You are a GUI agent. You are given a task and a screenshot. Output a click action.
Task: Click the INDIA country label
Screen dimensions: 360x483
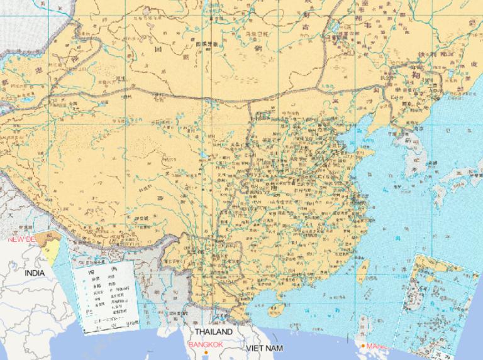point(35,274)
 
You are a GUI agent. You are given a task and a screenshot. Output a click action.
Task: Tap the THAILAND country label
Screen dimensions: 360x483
point(213,332)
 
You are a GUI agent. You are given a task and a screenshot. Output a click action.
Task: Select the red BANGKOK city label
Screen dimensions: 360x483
point(205,345)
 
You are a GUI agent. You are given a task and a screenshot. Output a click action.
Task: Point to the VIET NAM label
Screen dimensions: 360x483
point(264,348)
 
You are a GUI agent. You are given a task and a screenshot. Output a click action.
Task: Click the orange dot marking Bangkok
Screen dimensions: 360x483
point(206,352)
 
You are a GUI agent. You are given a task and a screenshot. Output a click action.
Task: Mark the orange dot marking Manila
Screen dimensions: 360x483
point(363,346)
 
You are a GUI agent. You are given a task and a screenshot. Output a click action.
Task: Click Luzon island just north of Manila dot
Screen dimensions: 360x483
point(365,327)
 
